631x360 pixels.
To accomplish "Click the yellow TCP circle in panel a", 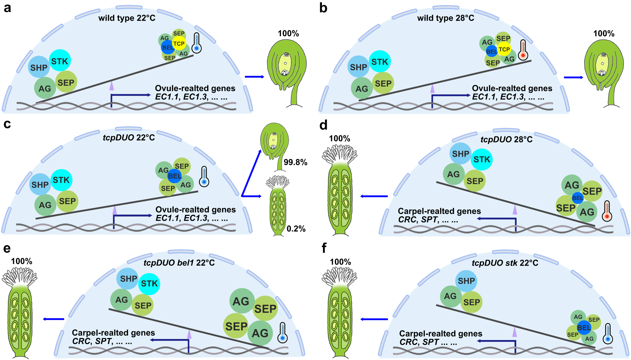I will point(179,43).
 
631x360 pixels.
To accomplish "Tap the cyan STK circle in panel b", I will point(380,62).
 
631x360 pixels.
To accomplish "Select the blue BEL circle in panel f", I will point(584,328).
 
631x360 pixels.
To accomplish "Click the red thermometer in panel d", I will point(607,211).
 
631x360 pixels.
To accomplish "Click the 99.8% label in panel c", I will point(295,162).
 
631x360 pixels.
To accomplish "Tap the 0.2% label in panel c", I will point(296,229).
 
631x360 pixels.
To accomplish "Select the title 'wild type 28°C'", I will point(445,18).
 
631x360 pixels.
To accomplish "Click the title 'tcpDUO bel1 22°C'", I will point(179,263).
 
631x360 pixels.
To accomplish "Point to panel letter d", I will point(323,125).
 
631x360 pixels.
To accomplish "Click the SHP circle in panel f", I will point(466,281).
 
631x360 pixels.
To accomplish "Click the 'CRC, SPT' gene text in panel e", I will point(102,341).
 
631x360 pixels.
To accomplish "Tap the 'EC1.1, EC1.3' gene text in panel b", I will point(498,97).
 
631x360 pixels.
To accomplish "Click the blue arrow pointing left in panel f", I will point(374,319).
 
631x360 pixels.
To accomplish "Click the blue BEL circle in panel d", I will point(578,198).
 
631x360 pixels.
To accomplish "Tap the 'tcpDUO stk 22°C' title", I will point(505,263).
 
